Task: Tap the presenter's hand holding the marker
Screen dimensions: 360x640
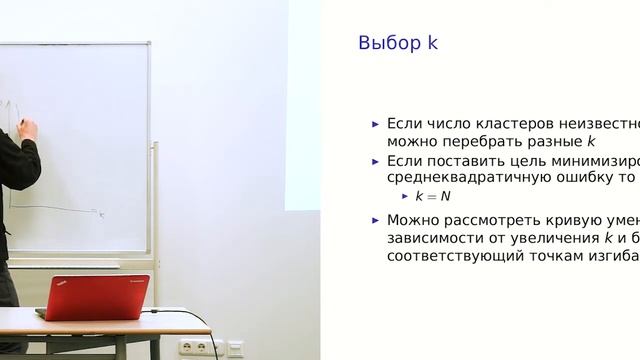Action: [x=27, y=128]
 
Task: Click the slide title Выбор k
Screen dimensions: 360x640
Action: [x=398, y=43]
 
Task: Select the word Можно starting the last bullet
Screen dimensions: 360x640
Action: [x=410, y=220]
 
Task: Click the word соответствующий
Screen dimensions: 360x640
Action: [x=446, y=256]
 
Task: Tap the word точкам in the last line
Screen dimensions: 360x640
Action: [x=540, y=256]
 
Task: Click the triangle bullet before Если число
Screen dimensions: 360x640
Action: [x=376, y=124]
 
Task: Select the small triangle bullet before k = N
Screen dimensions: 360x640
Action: [x=405, y=196]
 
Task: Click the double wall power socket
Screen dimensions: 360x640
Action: [x=197, y=347]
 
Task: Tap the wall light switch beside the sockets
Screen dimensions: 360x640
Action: [x=234, y=348]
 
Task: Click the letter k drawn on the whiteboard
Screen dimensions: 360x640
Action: [x=100, y=213]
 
